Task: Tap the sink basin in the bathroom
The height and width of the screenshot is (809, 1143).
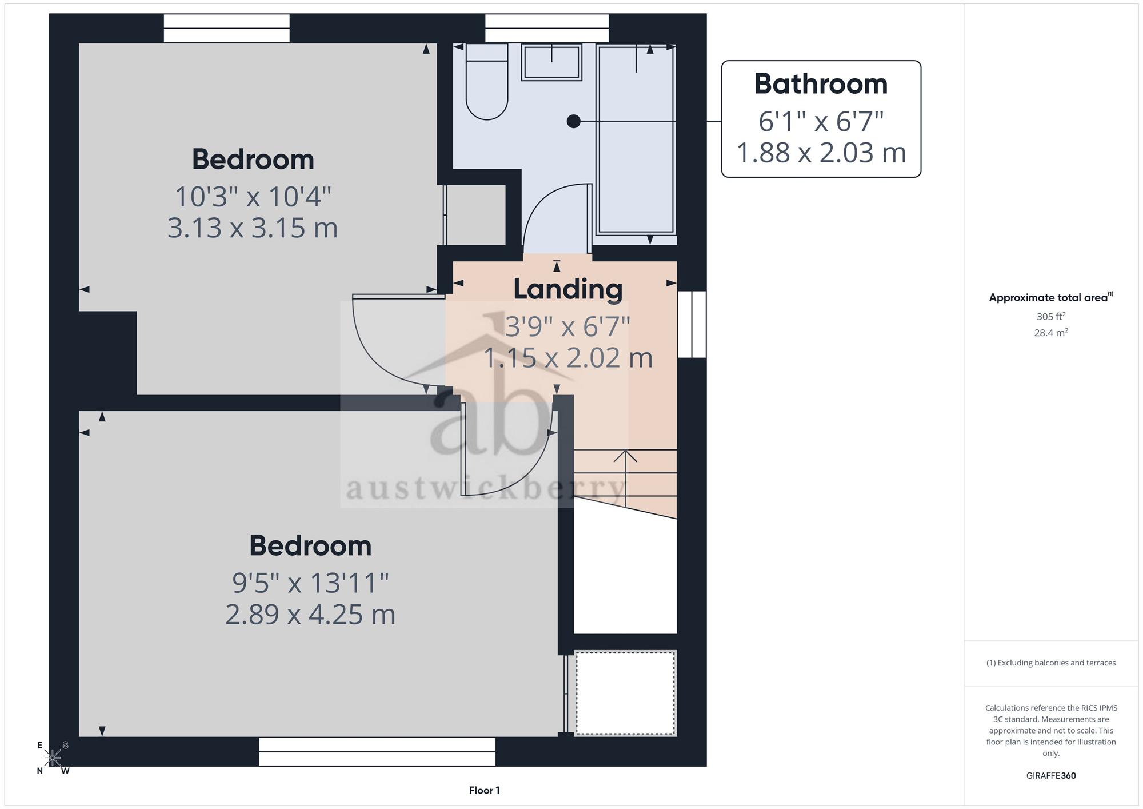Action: (551, 62)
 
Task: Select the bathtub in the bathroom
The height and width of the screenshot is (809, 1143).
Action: (636, 140)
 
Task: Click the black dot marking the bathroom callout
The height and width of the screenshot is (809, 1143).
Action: (573, 121)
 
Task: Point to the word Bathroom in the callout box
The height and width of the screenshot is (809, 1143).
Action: (821, 84)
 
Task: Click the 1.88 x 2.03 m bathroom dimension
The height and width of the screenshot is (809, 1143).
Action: (821, 153)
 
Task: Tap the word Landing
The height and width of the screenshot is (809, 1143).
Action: (567, 289)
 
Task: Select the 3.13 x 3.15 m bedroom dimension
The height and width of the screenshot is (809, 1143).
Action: (253, 228)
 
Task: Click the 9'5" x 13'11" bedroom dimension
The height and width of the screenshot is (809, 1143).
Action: (310, 583)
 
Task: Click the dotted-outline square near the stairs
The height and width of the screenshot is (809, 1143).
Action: (625, 693)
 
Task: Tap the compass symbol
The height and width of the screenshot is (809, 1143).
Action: (53, 758)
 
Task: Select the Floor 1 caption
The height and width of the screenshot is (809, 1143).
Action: (485, 791)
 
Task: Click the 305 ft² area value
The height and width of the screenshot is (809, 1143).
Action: (1051, 316)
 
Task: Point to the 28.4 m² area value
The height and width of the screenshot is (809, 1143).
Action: (1051, 333)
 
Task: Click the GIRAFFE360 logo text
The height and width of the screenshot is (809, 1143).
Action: (1051, 776)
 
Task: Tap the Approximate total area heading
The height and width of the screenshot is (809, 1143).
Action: (1051, 297)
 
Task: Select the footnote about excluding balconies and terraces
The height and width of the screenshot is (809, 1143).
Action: (1051, 663)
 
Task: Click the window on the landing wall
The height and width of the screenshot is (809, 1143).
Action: (692, 325)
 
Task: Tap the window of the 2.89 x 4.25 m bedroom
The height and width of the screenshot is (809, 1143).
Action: (377, 752)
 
